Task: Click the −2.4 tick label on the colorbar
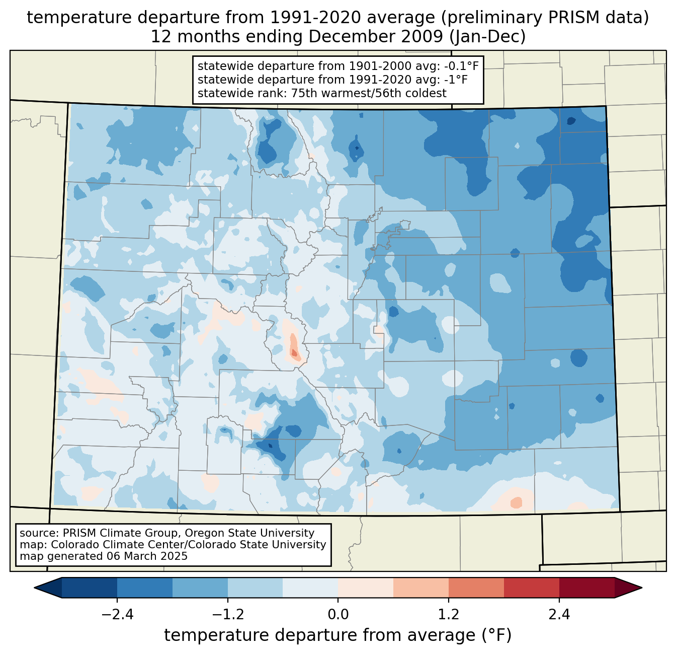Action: (x=117, y=615)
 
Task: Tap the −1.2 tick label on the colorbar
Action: (x=228, y=615)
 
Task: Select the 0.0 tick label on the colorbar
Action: (x=338, y=615)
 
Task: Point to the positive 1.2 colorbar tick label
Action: (x=449, y=615)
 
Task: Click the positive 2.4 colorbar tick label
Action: (x=559, y=615)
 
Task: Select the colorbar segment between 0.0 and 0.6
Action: (x=366, y=588)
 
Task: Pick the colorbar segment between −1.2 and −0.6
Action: (x=255, y=588)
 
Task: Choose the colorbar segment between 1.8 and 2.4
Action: (x=531, y=588)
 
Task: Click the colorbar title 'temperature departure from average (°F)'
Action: (x=338, y=635)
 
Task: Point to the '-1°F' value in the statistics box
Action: (x=455, y=80)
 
